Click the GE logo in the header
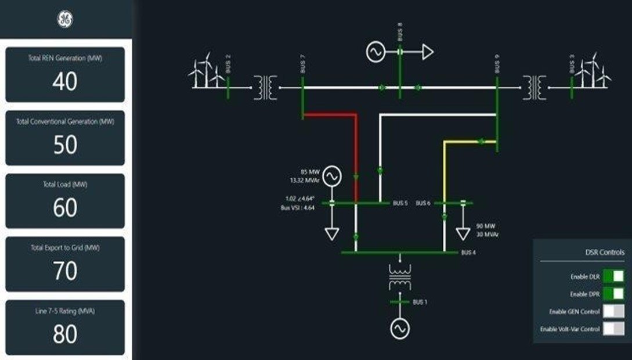coord(65,20)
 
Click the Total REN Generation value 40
coord(65,81)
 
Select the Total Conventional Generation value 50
coord(65,145)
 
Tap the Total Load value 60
coord(65,207)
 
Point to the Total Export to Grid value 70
coord(65,271)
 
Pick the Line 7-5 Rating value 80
coord(65,334)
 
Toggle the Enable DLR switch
coord(613,276)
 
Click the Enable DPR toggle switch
coord(613,294)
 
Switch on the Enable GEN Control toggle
coord(613,312)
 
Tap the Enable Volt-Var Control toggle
coord(613,329)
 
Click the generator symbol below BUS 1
coord(399,329)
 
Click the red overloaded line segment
coord(356,151)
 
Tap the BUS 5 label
coord(400,203)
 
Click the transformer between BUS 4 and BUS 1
coord(399,278)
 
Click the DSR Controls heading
coord(605,253)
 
